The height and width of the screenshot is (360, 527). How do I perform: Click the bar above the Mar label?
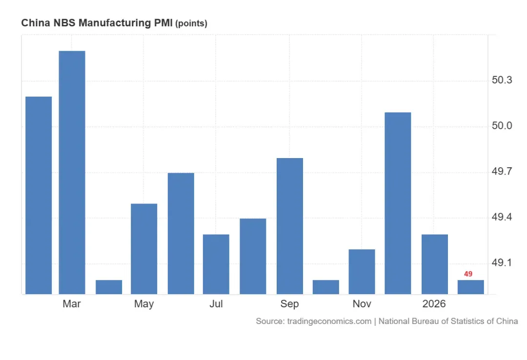pos(72,172)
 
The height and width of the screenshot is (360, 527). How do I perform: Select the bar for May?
pos(144,249)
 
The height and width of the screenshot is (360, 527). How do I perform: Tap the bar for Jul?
pos(216,264)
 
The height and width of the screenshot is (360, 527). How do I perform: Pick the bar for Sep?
pos(290,226)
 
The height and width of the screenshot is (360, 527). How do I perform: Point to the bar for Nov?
pos(362,272)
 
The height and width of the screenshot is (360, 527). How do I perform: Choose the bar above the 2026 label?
pos(435,264)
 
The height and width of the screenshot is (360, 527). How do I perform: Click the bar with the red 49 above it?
pos(471,287)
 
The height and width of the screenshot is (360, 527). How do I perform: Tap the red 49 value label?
pos(468,274)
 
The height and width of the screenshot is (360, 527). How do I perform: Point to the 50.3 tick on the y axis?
pos(502,80)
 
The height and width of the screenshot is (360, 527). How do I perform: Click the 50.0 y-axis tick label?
pos(502,126)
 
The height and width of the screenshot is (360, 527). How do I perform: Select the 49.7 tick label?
pos(502,171)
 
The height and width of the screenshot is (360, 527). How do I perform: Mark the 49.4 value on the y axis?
pos(502,217)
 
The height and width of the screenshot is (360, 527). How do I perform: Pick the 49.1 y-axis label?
pos(502,262)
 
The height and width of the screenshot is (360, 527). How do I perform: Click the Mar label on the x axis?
pos(72,304)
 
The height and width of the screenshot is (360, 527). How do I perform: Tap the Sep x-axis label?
pos(289,304)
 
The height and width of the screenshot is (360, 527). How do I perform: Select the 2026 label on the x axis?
pos(434,304)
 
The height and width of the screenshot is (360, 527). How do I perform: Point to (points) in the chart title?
pos(191,23)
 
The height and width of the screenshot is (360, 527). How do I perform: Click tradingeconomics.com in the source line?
pos(329,321)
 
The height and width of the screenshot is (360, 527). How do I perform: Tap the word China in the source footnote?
pos(507,321)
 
